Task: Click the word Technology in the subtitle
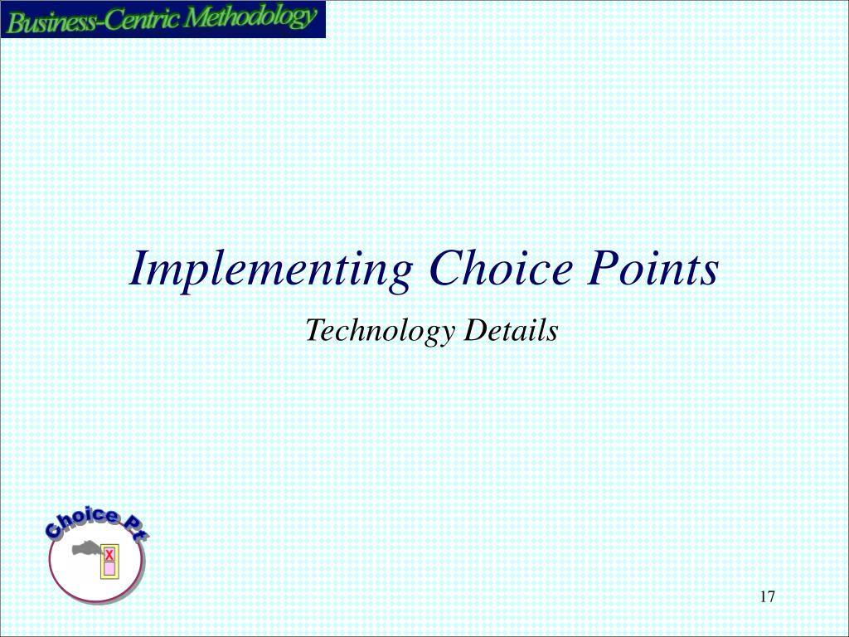[x=380, y=332]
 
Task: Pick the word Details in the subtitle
[x=511, y=331]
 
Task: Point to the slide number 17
[x=766, y=597]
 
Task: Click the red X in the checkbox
[x=109, y=554]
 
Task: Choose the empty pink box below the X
[x=109, y=568]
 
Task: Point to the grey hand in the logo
[x=85, y=548]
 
